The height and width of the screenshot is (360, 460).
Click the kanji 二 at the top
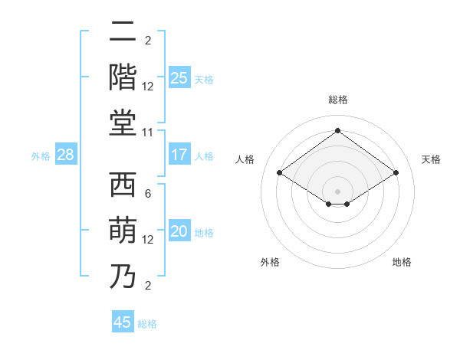[123, 34]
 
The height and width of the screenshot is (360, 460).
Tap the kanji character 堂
[123, 123]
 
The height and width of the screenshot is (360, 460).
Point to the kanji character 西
[123, 186]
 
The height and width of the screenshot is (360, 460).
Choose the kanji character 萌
[123, 231]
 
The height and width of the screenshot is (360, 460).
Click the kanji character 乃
[123, 276]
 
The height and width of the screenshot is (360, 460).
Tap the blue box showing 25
[179, 77]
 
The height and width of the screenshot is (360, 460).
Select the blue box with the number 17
[179, 155]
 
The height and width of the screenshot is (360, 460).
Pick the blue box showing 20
[179, 232]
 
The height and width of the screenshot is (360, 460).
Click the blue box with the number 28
[66, 155]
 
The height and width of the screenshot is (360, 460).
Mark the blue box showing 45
[123, 322]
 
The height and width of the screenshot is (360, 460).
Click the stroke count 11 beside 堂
[148, 133]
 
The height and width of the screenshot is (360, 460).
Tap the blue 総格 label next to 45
[147, 324]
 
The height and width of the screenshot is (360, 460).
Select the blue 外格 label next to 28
[41, 156]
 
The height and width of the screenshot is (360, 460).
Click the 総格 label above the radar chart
[337, 100]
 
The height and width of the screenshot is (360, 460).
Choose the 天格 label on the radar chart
[431, 159]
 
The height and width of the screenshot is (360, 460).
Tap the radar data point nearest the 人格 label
[279, 173]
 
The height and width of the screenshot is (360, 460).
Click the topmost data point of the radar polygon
[337, 131]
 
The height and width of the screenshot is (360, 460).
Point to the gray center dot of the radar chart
[337, 191]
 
